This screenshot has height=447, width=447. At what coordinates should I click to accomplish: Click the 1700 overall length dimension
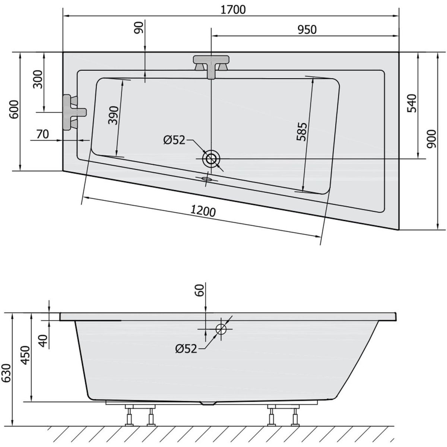[x=233, y=10]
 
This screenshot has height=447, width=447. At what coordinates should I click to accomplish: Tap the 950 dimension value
[x=307, y=30]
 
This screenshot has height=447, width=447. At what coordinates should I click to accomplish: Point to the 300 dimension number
[x=38, y=79]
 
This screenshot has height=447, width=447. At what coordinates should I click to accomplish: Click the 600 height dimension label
[x=15, y=110]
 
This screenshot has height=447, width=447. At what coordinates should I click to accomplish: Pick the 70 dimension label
[x=43, y=134]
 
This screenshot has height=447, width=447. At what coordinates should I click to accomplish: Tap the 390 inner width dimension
[x=114, y=115]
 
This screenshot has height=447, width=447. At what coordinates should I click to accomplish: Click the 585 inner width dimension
[x=302, y=131]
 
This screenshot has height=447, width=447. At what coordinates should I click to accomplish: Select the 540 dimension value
[x=412, y=103]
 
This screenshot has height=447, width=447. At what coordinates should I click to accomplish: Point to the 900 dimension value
[x=432, y=139]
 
